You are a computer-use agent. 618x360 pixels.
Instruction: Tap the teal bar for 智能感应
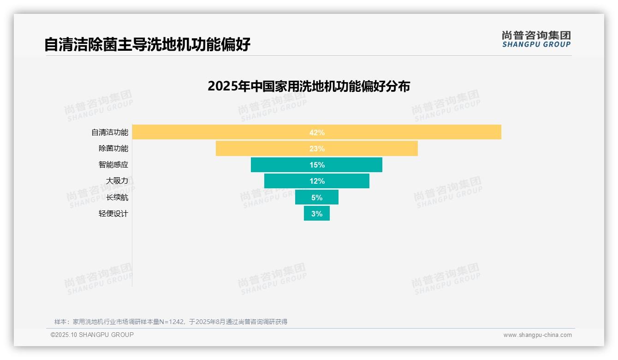click(277, 165)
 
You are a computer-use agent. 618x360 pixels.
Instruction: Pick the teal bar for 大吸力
click(286, 181)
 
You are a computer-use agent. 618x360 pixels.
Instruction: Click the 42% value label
click(317, 132)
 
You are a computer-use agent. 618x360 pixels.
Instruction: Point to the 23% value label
click(317, 149)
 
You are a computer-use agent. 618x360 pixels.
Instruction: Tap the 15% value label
click(317, 165)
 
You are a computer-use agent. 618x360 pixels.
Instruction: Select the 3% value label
click(317, 214)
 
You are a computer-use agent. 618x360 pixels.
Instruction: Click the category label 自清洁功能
click(110, 132)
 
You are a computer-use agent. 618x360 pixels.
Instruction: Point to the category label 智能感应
click(113, 165)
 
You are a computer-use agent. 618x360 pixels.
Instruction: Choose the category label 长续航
click(117, 198)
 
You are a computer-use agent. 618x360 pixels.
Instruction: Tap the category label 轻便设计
click(113, 214)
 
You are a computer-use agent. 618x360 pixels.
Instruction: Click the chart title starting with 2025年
click(309, 86)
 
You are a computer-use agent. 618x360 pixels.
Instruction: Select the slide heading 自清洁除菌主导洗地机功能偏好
click(147, 44)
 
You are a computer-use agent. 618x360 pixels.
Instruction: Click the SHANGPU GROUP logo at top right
click(536, 39)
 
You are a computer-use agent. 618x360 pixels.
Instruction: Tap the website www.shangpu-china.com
click(537, 335)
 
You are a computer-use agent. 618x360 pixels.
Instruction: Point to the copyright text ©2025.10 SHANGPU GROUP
click(92, 335)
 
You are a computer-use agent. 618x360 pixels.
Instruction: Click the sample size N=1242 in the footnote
click(174, 322)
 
